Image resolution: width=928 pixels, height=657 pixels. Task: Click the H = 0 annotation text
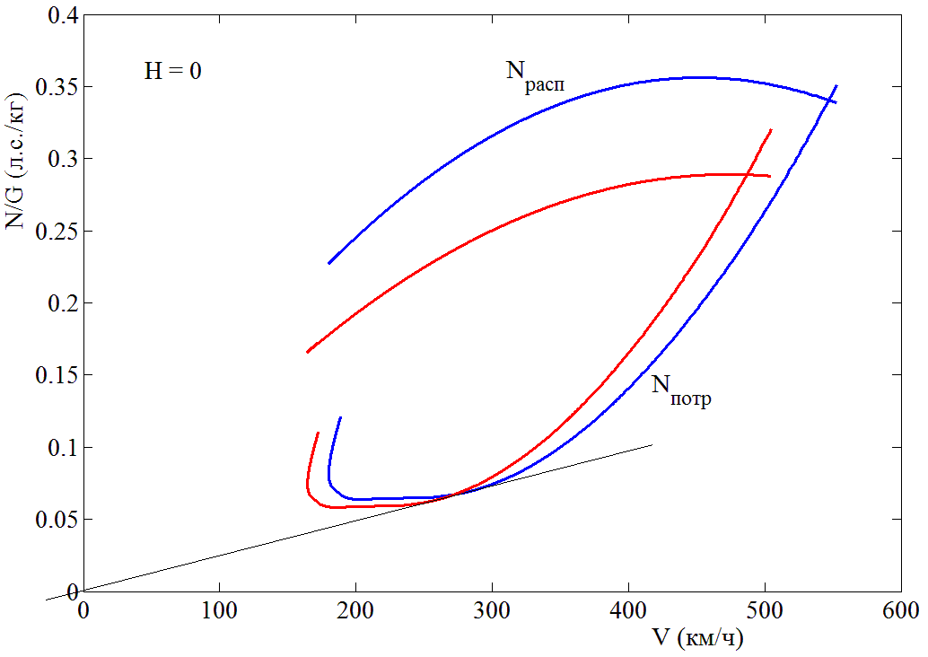tap(172, 71)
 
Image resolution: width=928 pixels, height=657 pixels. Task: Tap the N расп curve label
tap(535, 74)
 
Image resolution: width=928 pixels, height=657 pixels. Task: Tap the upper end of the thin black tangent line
tap(652, 444)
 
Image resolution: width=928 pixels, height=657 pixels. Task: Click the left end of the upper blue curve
tap(329, 263)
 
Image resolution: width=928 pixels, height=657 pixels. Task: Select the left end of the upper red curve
tap(307, 352)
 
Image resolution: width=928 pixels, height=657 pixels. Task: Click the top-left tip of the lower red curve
tap(319, 434)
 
